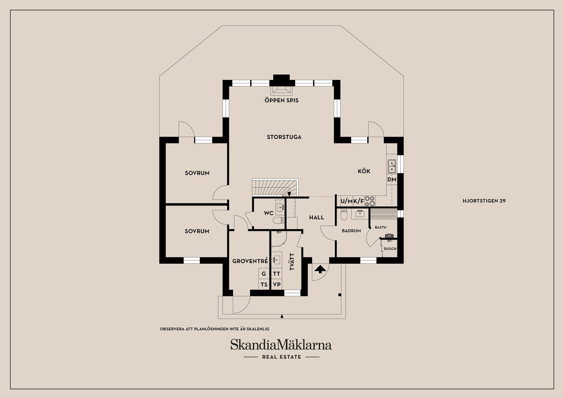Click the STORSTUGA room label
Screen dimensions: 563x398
tap(284, 137)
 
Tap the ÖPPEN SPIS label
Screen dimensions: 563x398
tap(281, 100)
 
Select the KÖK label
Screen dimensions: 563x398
tap(364, 171)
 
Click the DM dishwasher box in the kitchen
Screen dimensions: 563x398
tap(392, 179)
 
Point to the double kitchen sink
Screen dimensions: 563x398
tap(392, 166)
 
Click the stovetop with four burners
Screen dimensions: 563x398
tap(369, 201)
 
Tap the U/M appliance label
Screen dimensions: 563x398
tap(347, 201)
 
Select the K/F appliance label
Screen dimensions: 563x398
tap(358, 201)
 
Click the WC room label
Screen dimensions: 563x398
tap(269, 213)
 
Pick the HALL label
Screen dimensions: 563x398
tap(316, 217)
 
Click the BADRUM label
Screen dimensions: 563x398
tap(351, 231)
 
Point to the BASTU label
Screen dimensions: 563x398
tap(381, 227)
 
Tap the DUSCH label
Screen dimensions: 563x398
tap(390, 249)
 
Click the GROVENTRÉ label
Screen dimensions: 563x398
tap(250, 261)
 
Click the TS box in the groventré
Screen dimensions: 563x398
tap(264, 284)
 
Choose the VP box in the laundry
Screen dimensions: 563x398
tap(277, 284)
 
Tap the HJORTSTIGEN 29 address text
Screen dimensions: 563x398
tap(484, 201)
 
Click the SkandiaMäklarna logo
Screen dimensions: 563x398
tap(281, 345)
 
